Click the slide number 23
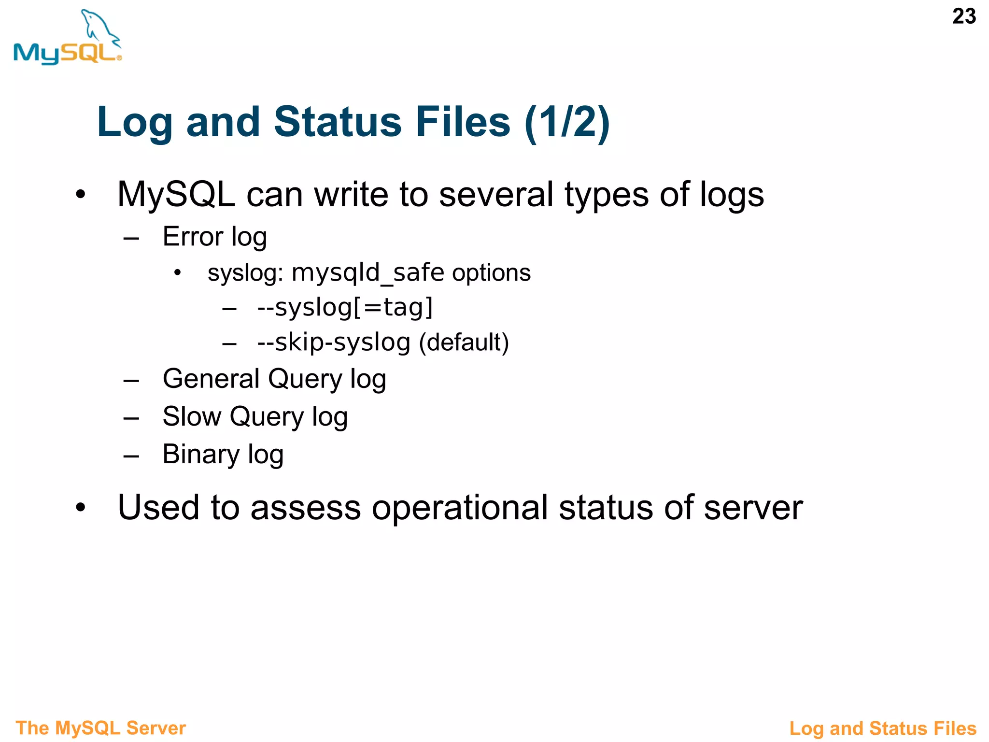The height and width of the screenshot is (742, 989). pos(964,16)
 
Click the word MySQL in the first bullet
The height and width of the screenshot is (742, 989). pos(176,195)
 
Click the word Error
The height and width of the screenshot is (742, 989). pos(193,237)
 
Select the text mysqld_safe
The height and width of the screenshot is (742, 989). pos(367,272)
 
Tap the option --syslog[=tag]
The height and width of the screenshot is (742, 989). pos(345,307)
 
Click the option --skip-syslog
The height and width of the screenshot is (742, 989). pos(334,342)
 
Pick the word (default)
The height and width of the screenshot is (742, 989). pos(464,342)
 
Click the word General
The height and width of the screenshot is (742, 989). pos(212,379)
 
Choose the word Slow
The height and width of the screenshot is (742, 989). pos(192,416)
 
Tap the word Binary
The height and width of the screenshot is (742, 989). pos(201,454)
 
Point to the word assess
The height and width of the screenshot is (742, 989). pos(305,508)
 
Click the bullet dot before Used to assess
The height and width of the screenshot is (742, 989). pos(81,508)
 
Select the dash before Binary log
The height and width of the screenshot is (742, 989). pos(131,456)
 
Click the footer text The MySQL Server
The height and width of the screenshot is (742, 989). pos(100,728)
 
